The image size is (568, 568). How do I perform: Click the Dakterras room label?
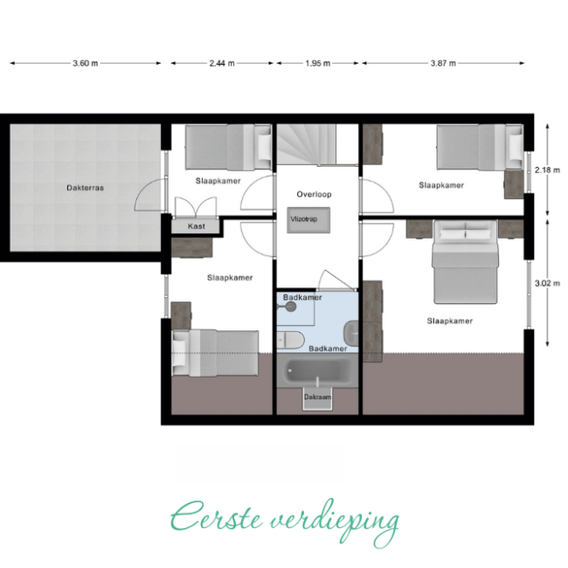coord(85,188)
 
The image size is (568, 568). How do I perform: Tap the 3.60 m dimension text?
coord(85,63)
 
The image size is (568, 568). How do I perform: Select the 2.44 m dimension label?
coord(222,63)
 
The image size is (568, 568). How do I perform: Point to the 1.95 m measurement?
coord(318,63)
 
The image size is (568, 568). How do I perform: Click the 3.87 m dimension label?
coord(443,63)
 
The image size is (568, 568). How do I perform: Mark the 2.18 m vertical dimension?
coord(547,170)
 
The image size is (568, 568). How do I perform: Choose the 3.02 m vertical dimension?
coord(547,283)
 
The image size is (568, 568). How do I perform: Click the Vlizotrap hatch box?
coord(308,220)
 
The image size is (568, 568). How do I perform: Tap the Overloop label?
coord(314,194)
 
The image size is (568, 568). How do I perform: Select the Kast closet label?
coord(197,226)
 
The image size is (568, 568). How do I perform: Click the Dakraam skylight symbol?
coord(317,398)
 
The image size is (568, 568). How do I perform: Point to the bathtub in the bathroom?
coord(317,371)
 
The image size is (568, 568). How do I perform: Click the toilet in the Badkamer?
coord(290,340)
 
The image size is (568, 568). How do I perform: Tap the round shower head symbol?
coord(290,307)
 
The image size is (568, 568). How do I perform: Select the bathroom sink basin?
coord(351,333)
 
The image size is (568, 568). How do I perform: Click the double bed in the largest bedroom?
coord(465,262)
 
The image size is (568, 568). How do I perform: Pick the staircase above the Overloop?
coord(307,145)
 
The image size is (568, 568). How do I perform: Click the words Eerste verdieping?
coord(285,522)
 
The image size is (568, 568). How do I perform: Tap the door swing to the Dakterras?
coord(149,195)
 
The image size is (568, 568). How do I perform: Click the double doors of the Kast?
coord(196,207)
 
